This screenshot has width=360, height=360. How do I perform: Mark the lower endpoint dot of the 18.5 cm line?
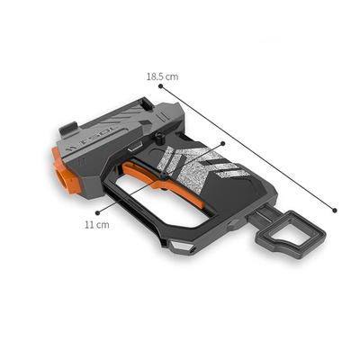click(336, 211)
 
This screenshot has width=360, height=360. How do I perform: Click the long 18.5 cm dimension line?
click(247, 150)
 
